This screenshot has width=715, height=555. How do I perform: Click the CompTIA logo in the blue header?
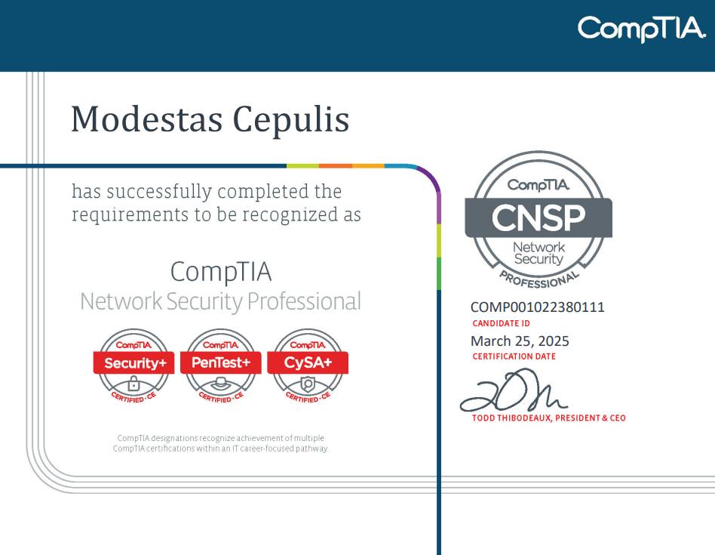click(x=642, y=29)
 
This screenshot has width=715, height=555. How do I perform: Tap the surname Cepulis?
click(x=291, y=121)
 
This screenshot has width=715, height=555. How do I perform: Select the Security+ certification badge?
click(x=133, y=366)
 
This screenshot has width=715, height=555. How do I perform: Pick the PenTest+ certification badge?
click(x=221, y=366)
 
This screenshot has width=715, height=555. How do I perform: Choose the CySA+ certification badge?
click(x=308, y=366)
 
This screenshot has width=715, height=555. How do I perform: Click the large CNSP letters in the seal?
click(x=538, y=217)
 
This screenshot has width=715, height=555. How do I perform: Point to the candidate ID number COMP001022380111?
click(x=538, y=307)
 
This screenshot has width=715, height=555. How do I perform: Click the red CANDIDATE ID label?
click(x=501, y=323)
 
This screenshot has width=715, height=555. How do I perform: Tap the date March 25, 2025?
click(x=520, y=341)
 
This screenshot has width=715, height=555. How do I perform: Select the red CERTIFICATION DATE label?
click(x=514, y=356)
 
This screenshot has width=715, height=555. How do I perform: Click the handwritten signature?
click(x=513, y=390)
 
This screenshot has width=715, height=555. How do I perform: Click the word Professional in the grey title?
click(x=304, y=301)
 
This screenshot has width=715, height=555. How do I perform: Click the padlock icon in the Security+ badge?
click(x=133, y=384)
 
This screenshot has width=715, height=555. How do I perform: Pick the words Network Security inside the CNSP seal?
click(x=539, y=253)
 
